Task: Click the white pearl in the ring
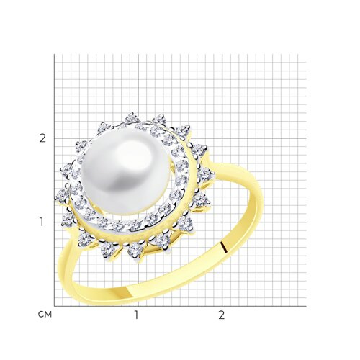pos(125,171)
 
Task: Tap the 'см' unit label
pos(45,314)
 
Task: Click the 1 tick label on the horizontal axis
pos(136,315)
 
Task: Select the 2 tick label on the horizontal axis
pos(221,315)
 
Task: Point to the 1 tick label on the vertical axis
pos(42,222)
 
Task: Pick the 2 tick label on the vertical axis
pos(42,138)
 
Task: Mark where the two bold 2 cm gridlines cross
pos(222,138)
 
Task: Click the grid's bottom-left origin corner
pos(54,306)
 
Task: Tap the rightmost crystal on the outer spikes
pos(204,174)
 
